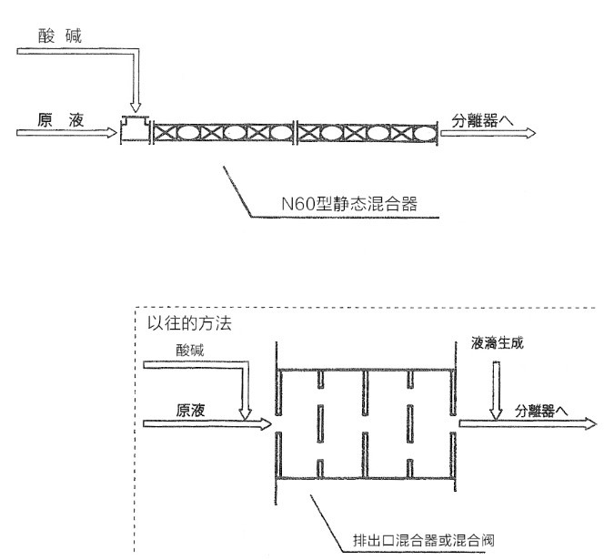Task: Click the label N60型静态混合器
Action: pos(348,203)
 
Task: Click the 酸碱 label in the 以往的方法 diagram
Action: pos(195,349)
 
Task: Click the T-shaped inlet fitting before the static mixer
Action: pos(136,130)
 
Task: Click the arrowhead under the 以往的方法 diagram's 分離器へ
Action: pos(589,423)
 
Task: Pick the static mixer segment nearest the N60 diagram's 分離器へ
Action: pos(367,132)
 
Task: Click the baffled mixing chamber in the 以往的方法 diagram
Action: pos(364,423)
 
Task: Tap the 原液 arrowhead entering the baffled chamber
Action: pos(263,423)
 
